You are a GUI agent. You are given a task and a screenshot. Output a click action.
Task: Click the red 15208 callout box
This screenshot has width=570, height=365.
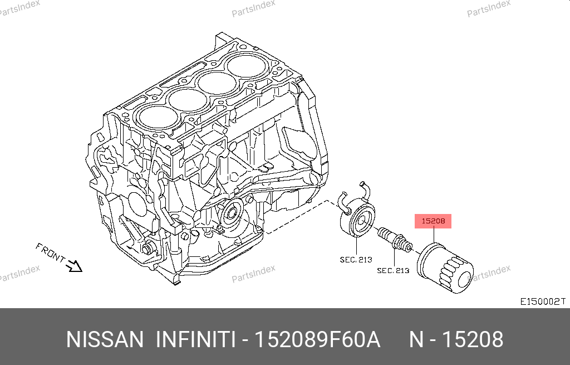tap(433, 221)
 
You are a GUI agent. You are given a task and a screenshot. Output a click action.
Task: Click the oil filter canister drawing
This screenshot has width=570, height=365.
tap(445, 268)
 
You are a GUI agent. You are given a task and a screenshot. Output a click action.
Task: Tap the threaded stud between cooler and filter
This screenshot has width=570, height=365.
tap(395, 240)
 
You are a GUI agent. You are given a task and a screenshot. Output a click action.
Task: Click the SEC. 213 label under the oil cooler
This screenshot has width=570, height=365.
tap(356, 260)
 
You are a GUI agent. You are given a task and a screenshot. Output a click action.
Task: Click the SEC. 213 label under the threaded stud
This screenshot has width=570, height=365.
tap(393, 270)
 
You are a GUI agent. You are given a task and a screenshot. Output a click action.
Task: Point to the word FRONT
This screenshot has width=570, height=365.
tap(50, 252)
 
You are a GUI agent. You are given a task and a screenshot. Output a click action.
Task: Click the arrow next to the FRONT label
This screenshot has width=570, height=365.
tap(74, 266)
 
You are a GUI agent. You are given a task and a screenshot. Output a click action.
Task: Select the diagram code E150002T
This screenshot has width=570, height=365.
tap(543, 301)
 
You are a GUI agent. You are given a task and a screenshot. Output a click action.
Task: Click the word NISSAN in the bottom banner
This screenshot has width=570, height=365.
tap(105, 339)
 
